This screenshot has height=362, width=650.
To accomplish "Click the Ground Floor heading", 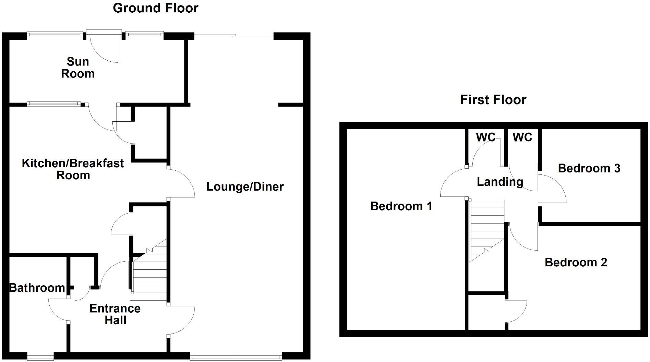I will [155, 8].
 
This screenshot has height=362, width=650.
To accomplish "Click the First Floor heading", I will [493, 100].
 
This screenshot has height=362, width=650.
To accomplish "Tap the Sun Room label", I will [78, 68].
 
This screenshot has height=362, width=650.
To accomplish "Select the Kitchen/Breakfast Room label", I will [73, 169].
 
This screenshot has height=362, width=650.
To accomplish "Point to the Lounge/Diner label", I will [245, 187].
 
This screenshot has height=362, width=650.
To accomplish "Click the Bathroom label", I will [37, 288].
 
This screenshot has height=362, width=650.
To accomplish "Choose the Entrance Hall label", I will [115, 314].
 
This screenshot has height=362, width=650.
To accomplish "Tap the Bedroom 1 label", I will [401, 206].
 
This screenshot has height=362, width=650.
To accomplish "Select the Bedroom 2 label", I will [576, 262].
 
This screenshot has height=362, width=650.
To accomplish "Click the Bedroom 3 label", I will [589, 168].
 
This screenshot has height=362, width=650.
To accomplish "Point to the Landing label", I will [500, 182].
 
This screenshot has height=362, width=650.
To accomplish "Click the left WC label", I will [485, 137].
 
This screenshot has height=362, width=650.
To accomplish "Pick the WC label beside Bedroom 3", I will [522, 137].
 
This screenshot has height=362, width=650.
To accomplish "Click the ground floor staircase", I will [149, 274].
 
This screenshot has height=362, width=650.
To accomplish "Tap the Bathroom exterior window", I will [40, 357].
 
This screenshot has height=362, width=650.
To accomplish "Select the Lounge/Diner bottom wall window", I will [236, 357].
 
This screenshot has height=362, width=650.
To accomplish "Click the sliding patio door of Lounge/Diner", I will [234, 35].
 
